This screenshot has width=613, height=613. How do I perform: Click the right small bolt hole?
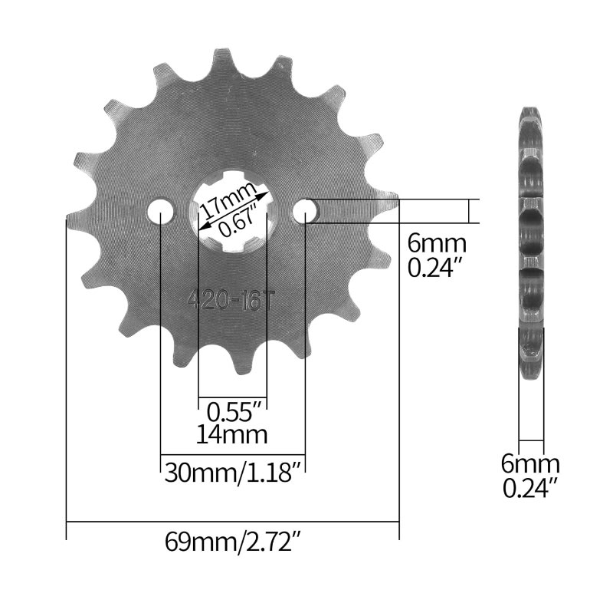pos(305,209)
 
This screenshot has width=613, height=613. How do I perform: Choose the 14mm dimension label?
pos(233,436)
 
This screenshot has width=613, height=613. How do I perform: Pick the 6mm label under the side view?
pos(530,463)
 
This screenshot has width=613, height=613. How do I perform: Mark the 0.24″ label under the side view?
pos(531,487)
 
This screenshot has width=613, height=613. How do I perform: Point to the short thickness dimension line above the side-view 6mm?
pos(531,440)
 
